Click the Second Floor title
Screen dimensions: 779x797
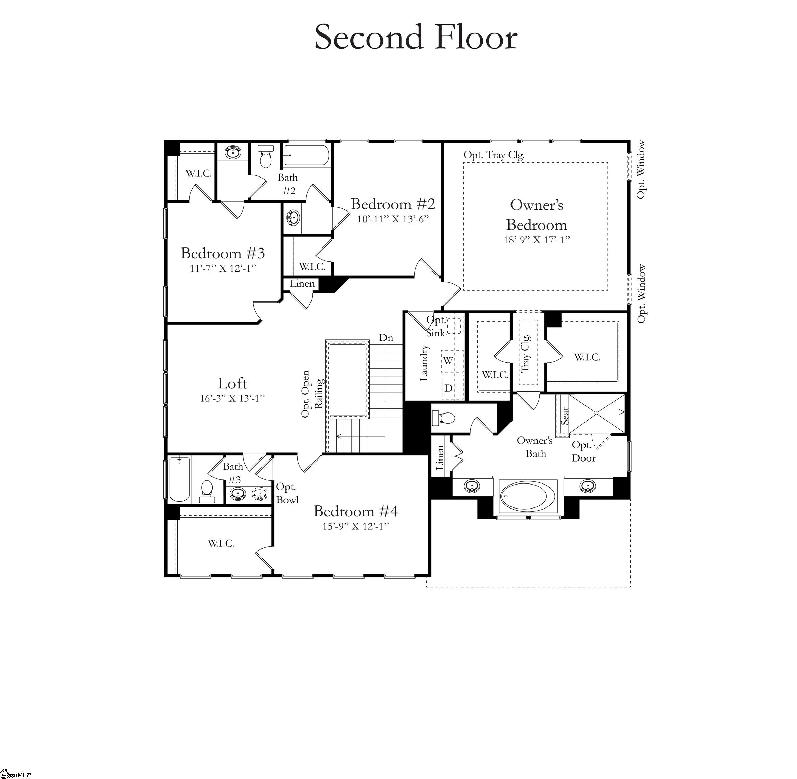[416, 38]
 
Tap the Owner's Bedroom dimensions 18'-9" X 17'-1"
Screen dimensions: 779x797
[536, 240]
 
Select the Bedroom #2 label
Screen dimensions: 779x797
[393, 204]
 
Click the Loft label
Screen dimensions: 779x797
[232, 384]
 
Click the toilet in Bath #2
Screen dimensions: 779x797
[266, 158]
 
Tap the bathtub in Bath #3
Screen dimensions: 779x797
[179, 479]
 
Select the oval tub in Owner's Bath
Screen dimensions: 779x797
[528, 496]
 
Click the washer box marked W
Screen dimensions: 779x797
[448, 361]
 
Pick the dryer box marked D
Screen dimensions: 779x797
[449, 388]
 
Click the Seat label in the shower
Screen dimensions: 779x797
[565, 416]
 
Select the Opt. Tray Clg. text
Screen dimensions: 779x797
[494, 155]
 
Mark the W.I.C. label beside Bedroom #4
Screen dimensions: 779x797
[221, 544]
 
